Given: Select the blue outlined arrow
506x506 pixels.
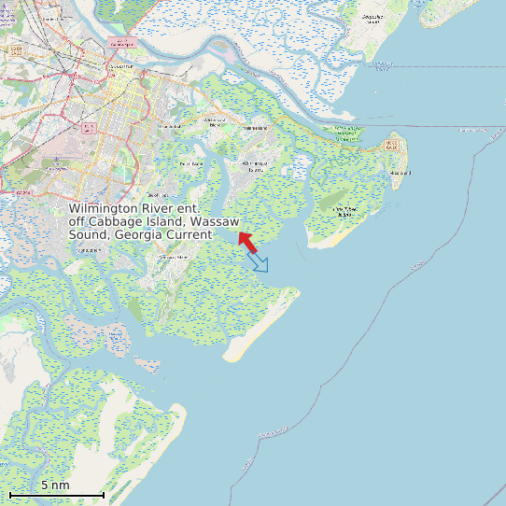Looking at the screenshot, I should click(259, 262).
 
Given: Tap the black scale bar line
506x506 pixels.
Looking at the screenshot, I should click(56, 494).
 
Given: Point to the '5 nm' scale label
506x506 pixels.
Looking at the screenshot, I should click(55, 485).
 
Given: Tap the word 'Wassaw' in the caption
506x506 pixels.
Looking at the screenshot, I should click(216, 222).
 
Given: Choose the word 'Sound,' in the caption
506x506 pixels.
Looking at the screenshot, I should click(90, 235).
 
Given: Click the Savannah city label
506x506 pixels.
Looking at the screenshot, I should click(120, 67).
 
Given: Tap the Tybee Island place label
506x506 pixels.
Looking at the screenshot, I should click(401, 173).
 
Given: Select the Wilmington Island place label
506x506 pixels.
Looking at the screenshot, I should click(253, 165).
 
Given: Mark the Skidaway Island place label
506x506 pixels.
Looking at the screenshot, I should click(174, 257).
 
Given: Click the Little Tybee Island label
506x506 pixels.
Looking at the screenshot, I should click(345, 211).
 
